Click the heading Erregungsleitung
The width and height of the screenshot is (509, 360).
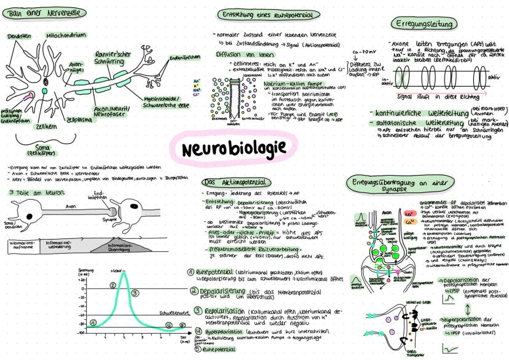point(424,24)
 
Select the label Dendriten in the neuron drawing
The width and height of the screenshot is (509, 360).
point(19,37)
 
